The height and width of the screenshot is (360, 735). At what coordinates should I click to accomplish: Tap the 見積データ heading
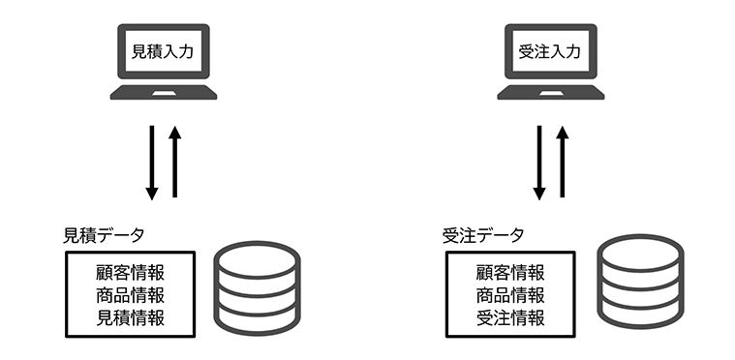pos(105,235)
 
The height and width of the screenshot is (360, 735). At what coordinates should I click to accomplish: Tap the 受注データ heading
pos(483,235)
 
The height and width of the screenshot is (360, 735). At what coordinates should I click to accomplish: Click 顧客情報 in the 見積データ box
pos(130,271)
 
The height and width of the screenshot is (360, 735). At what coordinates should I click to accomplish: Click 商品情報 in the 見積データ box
pos(130,294)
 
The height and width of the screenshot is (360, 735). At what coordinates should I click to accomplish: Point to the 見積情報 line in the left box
pos(130,317)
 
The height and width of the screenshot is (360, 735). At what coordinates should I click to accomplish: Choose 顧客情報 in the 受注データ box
pos(509,271)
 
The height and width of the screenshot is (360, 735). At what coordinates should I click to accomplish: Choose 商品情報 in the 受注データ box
pos(509,294)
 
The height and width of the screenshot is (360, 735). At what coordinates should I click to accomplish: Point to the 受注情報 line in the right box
pos(509,317)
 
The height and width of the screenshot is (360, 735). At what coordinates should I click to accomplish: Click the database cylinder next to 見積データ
pos(257,288)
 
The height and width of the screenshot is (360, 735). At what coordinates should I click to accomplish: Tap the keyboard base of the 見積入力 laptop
pos(163,93)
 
